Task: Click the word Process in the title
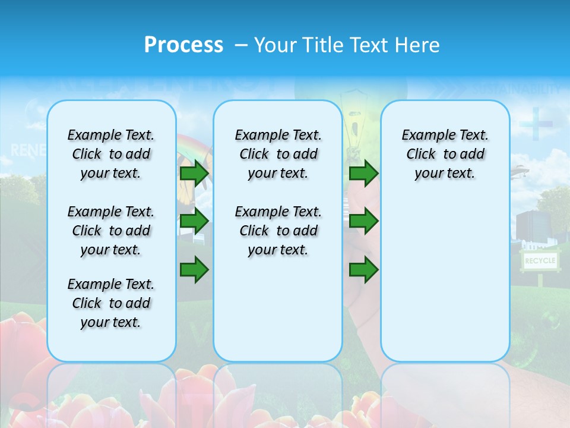pos(183,45)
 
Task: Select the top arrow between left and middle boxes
pos(194,174)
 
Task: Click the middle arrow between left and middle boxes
pos(194,221)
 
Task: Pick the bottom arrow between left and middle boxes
pos(194,269)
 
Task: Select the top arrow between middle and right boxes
pos(363,174)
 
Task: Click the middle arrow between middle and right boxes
pos(363,221)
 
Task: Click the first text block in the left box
pos(111,154)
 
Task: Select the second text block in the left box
pos(111,231)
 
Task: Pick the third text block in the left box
pos(111,303)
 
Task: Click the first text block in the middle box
pos(278,154)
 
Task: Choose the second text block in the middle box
pos(278,231)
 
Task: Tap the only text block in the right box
pos(445,154)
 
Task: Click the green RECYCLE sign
pos(539,261)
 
